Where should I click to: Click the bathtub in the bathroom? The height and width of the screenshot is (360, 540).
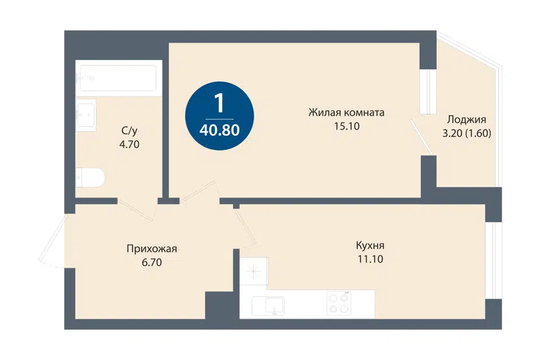click(x=119, y=79)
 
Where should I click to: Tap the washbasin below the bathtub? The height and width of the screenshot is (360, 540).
click(x=85, y=115)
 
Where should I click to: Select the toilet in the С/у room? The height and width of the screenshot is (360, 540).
click(x=89, y=178)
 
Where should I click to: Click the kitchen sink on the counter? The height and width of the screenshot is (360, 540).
click(x=268, y=306)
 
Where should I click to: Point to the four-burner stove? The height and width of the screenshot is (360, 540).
click(x=339, y=304)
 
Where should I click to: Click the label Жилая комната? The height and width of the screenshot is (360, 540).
click(x=346, y=112)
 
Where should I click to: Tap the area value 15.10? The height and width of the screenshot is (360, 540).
click(x=347, y=126)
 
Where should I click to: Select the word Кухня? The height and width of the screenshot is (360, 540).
click(x=370, y=246)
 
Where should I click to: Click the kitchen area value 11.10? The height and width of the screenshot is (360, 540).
click(x=370, y=259)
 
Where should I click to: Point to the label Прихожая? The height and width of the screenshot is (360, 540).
click(x=152, y=249)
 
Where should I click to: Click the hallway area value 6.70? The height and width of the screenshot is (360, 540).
click(x=151, y=263)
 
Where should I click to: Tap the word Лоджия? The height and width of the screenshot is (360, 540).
click(x=467, y=120)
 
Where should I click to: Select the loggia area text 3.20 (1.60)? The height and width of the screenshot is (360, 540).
click(x=467, y=133)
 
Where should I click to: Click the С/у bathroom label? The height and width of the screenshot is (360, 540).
click(x=129, y=130)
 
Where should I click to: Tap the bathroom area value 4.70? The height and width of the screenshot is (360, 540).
click(x=129, y=145)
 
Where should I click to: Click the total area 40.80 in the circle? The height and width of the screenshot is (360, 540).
click(x=220, y=130)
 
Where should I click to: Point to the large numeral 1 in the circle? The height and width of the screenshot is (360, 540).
click(x=219, y=103)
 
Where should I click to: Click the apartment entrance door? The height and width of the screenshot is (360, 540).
click(x=52, y=241)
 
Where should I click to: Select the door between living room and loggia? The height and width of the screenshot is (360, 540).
click(x=422, y=137)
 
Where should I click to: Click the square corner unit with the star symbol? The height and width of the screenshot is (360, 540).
click(x=254, y=271)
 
